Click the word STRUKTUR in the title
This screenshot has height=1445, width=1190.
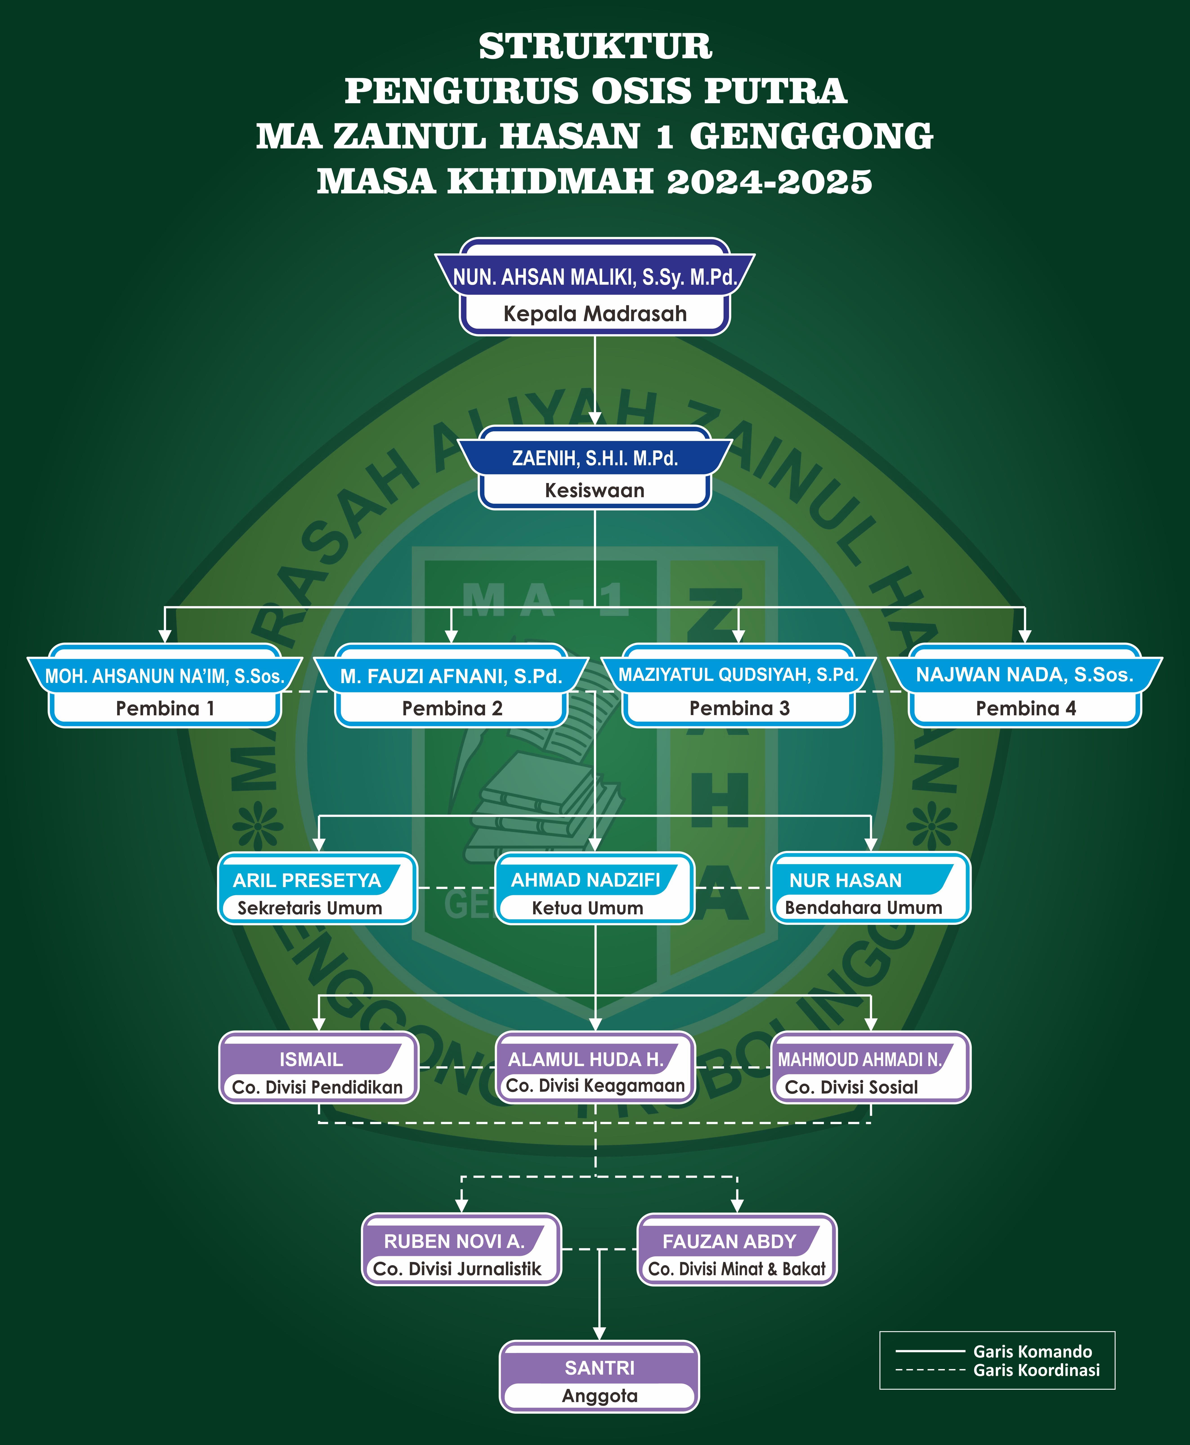coord(595,47)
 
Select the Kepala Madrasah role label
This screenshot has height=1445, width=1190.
coord(595,314)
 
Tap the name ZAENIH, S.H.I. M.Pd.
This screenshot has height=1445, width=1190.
coord(595,458)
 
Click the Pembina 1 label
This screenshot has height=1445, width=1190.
coord(165,708)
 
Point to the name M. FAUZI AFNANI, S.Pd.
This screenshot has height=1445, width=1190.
coord(451,676)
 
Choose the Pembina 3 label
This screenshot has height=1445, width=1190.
coord(739,708)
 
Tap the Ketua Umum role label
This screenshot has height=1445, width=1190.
coord(587,908)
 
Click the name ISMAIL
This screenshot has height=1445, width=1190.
coord(311,1060)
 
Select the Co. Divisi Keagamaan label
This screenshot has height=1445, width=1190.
coord(595,1086)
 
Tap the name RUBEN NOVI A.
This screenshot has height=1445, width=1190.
coord(454,1241)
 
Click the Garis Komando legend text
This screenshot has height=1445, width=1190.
coord(1032,1352)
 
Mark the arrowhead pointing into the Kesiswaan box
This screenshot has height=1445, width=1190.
coord(595,418)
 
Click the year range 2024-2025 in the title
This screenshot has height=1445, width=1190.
coord(769,182)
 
